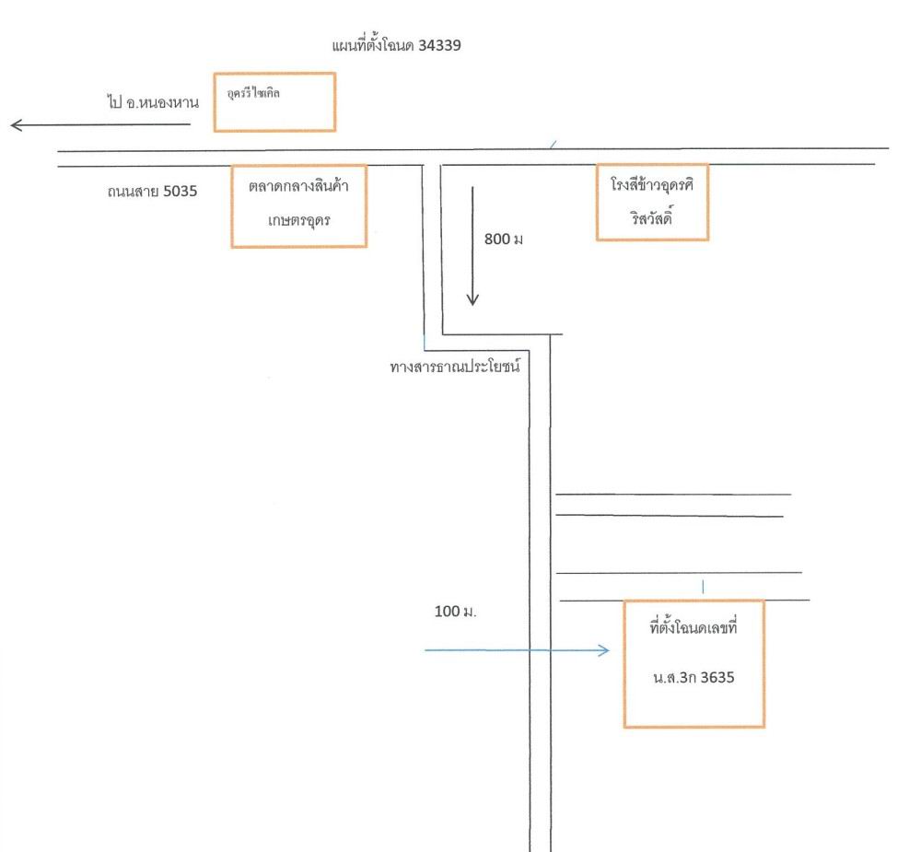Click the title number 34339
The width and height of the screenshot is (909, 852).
[x=439, y=45]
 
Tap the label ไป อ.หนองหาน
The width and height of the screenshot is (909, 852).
[x=153, y=102]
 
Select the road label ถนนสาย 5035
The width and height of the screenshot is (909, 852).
[x=152, y=192]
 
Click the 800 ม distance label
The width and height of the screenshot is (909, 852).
[x=504, y=239]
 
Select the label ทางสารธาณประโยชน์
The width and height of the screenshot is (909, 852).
[x=455, y=367]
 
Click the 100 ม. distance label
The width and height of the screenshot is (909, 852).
[x=456, y=612]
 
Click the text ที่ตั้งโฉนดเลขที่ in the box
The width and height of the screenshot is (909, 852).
[x=693, y=627]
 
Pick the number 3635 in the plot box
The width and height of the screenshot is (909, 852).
[x=717, y=678]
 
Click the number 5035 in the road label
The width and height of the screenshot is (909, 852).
[x=181, y=192]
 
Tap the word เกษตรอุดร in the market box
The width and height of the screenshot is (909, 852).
[x=299, y=221]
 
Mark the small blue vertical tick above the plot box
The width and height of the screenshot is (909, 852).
[x=703, y=587]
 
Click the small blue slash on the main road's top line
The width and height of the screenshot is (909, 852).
[x=554, y=145]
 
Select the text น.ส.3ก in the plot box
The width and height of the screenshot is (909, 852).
[x=674, y=678]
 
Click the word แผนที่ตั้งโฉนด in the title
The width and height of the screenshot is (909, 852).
[x=373, y=45]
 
